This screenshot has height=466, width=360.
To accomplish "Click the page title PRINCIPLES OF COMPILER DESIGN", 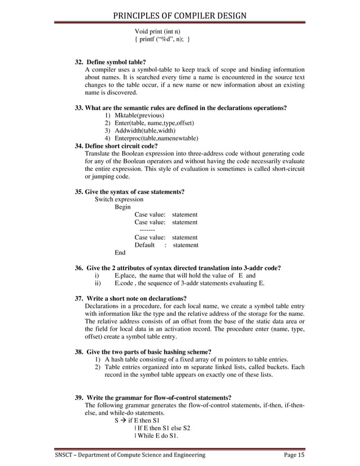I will pyautogui.click(x=179, y=8).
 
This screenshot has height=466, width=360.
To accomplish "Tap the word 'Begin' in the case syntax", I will pyautogui.click(x=123, y=207).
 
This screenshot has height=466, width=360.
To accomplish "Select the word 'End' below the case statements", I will pyautogui.click(x=120, y=253).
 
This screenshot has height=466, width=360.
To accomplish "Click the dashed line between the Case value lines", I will pyautogui.click(x=147, y=230).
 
